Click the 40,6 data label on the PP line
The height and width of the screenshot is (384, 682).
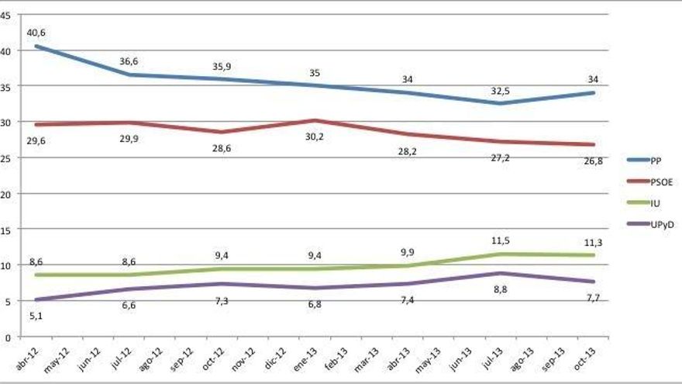coord(36,33)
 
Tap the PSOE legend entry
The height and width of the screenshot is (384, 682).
coord(660,182)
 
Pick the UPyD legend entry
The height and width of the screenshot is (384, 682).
coord(660,224)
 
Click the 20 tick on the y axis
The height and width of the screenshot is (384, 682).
coord(7,194)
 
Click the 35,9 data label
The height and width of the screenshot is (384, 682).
coord(222,66)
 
